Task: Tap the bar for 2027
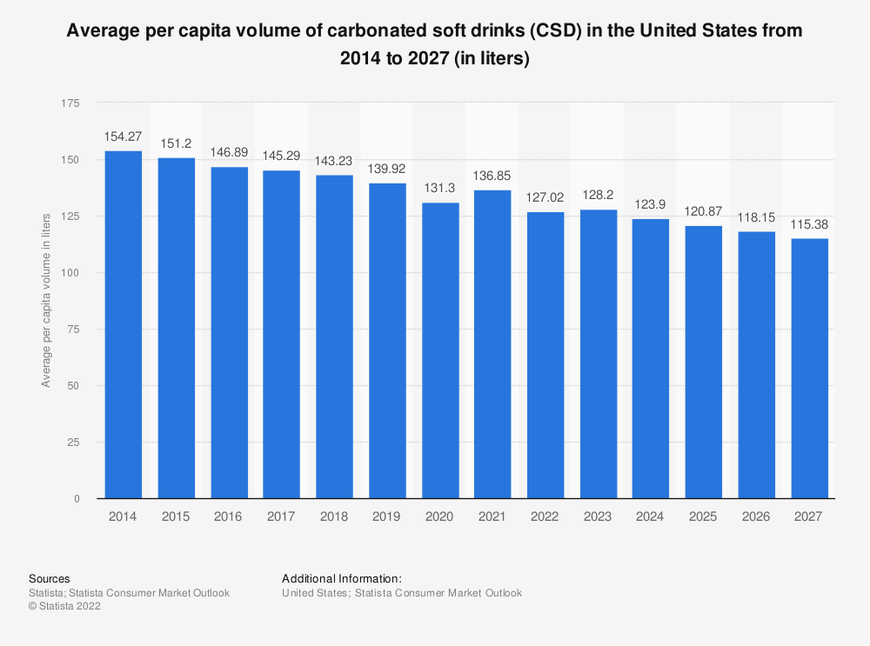(809, 369)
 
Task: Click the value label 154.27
(124, 137)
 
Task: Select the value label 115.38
(809, 224)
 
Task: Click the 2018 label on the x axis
(334, 516)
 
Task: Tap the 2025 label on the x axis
(703, 516)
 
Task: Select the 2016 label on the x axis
(229, 516)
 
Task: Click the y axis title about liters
(46, 299)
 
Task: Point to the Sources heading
(50, 578)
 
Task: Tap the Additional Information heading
(342, 578)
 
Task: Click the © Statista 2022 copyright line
(65, 607)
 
